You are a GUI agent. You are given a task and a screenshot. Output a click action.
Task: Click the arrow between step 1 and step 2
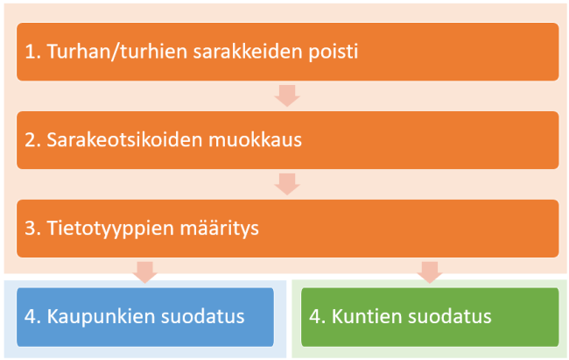point(287,95)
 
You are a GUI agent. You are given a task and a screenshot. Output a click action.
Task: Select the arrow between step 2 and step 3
point(287,183)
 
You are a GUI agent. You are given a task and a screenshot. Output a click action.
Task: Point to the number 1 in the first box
point(30,51)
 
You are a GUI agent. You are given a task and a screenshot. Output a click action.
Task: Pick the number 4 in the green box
point(313,316)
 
